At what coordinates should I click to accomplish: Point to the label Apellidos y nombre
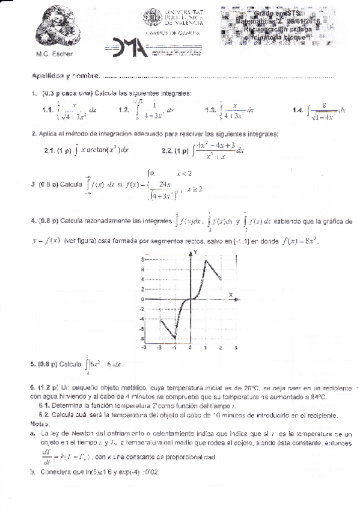coord(66,76)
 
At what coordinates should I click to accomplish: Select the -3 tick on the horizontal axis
coord(143,348)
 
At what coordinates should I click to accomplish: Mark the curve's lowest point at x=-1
coord(175,338)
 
